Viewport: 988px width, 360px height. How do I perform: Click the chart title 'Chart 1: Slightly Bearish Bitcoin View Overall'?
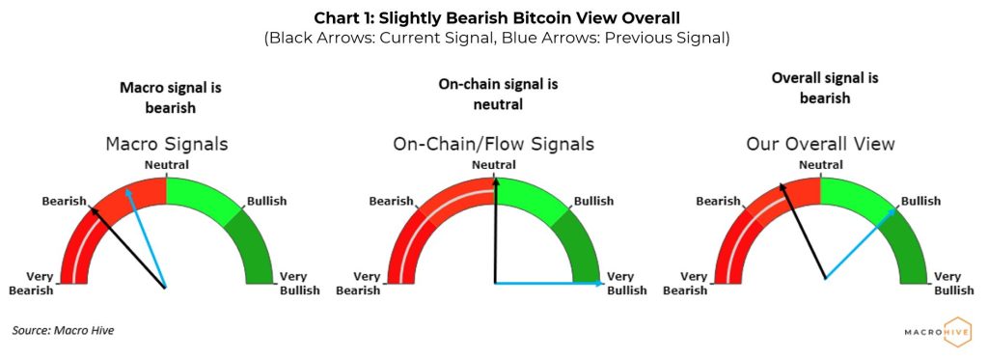493,16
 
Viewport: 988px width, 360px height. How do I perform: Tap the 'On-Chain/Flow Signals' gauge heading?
493,145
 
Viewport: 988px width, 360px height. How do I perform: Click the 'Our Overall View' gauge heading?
820,145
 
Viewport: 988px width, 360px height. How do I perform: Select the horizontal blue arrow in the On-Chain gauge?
550,284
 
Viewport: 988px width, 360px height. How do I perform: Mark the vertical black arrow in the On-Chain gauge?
495,232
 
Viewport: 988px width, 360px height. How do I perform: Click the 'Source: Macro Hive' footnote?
63,331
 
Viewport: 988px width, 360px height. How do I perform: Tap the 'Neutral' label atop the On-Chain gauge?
493,165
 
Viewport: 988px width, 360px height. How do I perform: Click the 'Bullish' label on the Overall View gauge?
920,202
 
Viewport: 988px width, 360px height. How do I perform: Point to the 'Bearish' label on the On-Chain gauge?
392,202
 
